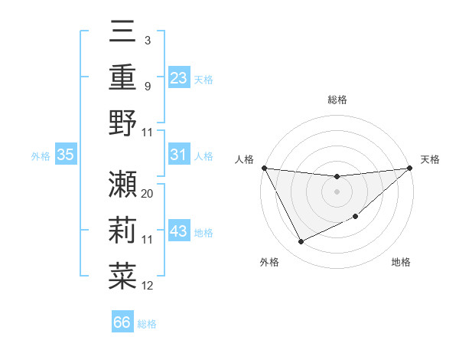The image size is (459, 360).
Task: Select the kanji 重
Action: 122,77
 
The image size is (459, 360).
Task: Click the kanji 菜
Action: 122,276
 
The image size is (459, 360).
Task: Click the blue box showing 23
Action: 179,77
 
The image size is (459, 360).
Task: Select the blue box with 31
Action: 179,155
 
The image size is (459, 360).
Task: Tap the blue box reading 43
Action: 179,231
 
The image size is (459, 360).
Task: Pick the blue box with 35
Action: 65,155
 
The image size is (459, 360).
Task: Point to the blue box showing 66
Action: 122,322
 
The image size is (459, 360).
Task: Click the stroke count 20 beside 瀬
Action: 148,194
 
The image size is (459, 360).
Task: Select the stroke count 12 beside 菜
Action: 148,286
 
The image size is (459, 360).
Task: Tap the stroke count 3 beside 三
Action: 148,39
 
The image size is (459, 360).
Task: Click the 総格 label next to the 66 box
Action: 147,324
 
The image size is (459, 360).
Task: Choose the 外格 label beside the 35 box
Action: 41,156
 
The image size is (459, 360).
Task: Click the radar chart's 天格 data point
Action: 410,169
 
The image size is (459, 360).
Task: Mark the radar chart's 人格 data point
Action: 264,168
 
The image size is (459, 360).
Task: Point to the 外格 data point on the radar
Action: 301,242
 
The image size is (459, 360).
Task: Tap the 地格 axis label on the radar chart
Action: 401,263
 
